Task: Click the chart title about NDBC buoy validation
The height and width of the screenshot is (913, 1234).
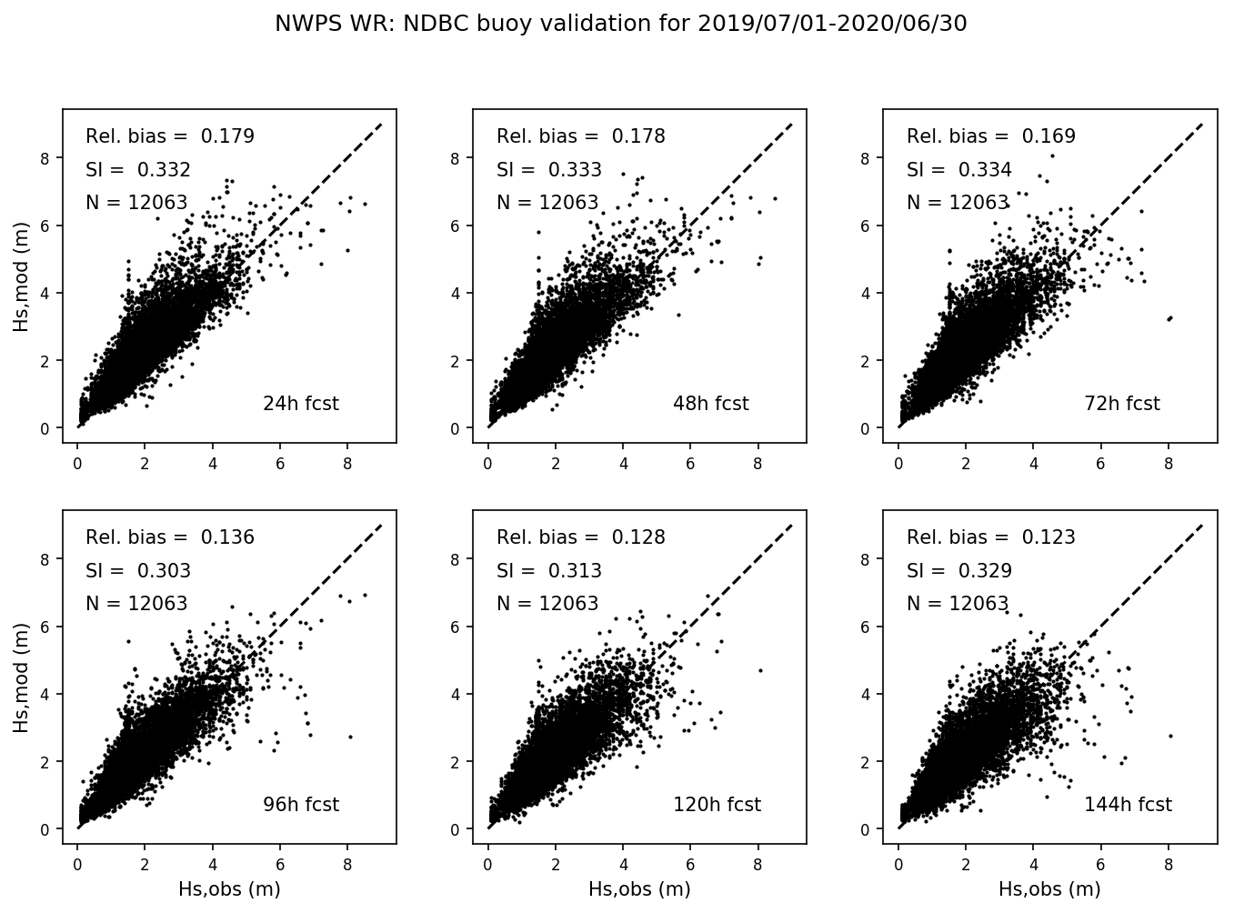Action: [x=620, y=25]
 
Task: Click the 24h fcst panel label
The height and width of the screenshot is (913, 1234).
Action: [x=300, y=404]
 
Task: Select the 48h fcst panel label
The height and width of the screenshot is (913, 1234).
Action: [x=710, y=404]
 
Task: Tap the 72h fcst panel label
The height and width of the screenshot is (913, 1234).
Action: [x=1121, y=404]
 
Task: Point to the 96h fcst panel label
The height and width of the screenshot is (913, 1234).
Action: [x=300, y=805]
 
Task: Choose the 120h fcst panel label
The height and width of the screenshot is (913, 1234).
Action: [x=717, y=805]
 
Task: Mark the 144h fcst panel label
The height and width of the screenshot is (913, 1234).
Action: [x=1128, y=805]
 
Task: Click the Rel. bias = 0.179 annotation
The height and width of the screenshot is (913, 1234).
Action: [x=170, y=136]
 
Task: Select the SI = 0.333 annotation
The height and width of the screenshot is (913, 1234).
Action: [x=548, y=170]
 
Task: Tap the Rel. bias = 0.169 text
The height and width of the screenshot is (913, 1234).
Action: [x=990, y=136]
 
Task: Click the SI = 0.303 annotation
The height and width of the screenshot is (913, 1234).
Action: [x=138, y=571]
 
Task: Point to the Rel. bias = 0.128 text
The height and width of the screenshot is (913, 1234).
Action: [x=580, y=537]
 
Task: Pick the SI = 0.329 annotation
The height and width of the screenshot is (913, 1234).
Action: [x=958, y=571]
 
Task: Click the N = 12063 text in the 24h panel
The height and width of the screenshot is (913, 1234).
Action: [x=136, y=203]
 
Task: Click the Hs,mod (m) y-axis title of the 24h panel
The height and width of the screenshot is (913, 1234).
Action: [x=22, y=276]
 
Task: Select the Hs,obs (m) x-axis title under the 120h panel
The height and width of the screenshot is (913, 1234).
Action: [x=639, y=888]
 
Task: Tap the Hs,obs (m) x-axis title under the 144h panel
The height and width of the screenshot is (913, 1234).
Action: [x=1049, y=888]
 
